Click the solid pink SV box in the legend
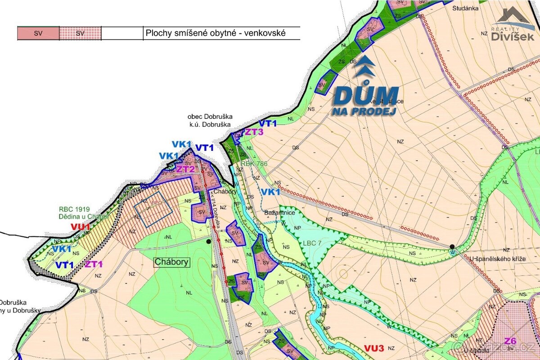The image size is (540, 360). point(38,33)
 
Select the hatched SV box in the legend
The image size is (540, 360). point(80,33)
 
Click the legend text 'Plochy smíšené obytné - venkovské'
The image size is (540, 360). point(216,33)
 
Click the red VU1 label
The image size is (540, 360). point(81,227)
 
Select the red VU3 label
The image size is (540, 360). point(374,348)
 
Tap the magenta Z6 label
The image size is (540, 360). point(510,340)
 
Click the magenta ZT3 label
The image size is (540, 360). point(254,132)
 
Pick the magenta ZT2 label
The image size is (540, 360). point(185,169)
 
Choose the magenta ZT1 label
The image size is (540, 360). point(94,264)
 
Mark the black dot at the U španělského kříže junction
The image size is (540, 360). point(451,246)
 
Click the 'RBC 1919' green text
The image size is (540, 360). point(74,209)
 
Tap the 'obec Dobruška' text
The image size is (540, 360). point(211,117)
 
